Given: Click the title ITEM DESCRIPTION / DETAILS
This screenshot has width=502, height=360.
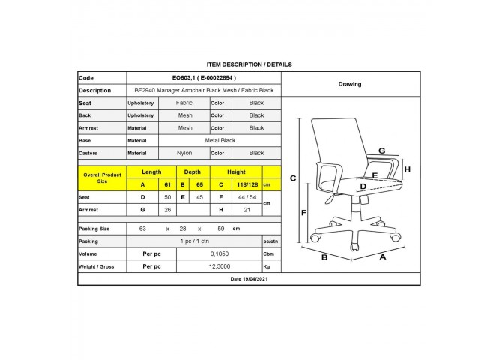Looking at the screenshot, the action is click(x=249, y=64).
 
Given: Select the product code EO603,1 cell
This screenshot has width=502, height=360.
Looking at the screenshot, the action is click(x=204, y=77).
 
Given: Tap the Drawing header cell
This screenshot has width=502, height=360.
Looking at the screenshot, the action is click(x=350, y=84).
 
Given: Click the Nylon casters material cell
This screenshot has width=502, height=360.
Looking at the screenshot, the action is click(x=184, y=153).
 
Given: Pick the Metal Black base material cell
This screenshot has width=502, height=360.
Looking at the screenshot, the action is click(x=220, y=140).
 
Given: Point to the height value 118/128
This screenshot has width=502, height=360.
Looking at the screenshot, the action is click(x=247, y=184).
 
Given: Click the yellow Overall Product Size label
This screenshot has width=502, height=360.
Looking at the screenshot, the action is click(x=102, y=178).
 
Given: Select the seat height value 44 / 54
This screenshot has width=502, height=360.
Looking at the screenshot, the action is click(x=247, y=197).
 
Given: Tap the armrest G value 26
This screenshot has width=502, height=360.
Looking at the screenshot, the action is click(x=167, y=210).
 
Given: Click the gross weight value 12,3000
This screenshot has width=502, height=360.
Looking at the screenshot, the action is click(x=220, y=266).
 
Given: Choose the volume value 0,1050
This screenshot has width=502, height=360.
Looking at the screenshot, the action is click(x=220, y=254).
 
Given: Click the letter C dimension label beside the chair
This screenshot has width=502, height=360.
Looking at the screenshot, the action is click(x=293, y=178).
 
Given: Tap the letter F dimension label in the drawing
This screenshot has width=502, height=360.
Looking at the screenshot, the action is click(x=304, y=212).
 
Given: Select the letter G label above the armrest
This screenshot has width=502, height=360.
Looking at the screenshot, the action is click(x=382, y=151).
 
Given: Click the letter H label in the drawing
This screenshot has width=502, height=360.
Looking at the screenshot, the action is click(x=408, y=169).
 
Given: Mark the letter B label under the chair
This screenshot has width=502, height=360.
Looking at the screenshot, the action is click(x=324, y=257).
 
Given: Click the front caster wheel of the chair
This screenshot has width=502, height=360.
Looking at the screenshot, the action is click(x=354, y=247).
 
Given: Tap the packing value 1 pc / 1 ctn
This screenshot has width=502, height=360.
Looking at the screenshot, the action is click(x=194, y=241).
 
